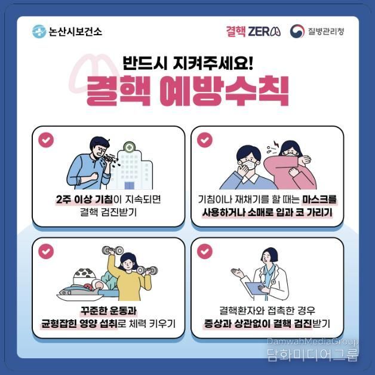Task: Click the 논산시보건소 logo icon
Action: click(x=39, y=31)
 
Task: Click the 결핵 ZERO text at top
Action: click(x=253, y=31)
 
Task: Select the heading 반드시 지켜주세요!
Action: click(x=187, y=62)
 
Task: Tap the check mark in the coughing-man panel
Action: click(x=46, y=140)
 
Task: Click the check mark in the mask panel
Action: click(x=205, y=140)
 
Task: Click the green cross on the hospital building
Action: click(x=130, y=147)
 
